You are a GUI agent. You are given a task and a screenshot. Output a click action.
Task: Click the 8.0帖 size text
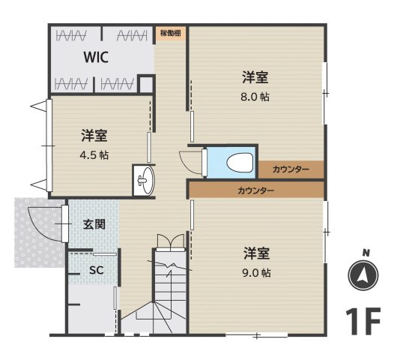[255, 96]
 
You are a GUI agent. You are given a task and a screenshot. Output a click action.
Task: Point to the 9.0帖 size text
[255, 272]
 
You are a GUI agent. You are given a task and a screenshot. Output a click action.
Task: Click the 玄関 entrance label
[94, 223]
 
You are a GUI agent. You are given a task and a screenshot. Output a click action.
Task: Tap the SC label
[95, 269]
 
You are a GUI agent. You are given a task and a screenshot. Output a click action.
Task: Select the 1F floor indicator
[364, 321]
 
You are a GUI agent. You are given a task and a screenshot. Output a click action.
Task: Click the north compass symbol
[363, 275]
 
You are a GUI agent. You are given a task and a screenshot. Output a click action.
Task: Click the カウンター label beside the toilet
[291, 169]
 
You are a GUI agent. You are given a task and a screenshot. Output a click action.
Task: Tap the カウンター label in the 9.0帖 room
[255, 190]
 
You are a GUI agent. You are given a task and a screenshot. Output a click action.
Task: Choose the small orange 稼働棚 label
[170, 34]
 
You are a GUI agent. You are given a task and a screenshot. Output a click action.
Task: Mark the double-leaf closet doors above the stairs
[169, 241]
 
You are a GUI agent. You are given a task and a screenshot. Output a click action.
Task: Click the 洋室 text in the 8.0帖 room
[255, 76]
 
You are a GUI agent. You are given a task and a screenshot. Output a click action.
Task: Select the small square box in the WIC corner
[147, 84]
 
